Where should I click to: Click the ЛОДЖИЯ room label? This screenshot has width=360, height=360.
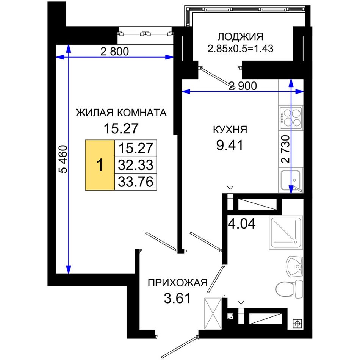(x=240, y=37)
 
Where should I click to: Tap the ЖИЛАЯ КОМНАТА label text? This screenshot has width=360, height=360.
(x=121, y=113)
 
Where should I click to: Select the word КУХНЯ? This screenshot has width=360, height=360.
(x=230, y=130)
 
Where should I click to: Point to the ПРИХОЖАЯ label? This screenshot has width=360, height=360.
(x=177, y=283)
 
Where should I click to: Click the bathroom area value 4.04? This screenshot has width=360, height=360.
(x=241, y=224)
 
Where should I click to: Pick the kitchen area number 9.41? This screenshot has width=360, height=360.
(x=230, y=146)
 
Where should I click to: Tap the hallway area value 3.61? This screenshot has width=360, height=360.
(x=177, y=298)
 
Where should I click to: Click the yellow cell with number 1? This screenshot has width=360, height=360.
(x=100, y=165)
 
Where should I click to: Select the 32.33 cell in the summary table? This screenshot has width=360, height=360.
(x=136, y=165)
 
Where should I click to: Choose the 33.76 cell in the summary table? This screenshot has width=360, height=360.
(x=136, y=182)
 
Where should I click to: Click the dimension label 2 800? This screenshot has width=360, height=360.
(x=114, y=52)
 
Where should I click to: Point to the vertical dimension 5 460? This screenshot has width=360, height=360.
(x=63, y=159)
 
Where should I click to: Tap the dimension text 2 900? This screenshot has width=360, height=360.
(x=243, y=86)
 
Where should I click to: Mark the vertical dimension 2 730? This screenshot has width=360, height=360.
(x=285, y=149)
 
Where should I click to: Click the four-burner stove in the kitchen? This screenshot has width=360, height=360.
(x=291, y=117)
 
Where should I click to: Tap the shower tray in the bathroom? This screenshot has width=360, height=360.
(x=286, y=233)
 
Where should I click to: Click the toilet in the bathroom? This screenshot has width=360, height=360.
(x=290, y=289)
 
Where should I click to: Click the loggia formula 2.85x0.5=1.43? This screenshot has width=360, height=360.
(x=240, y=49)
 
